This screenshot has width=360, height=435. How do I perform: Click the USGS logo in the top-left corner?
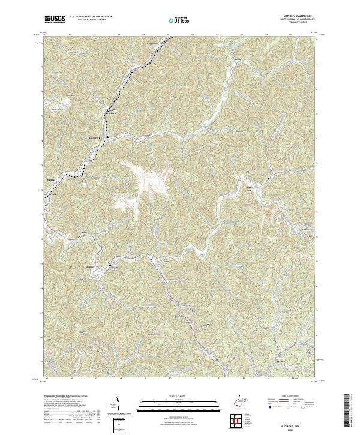click(x=55, y=19)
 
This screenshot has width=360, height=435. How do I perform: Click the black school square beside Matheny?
click(x=110, y=265)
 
